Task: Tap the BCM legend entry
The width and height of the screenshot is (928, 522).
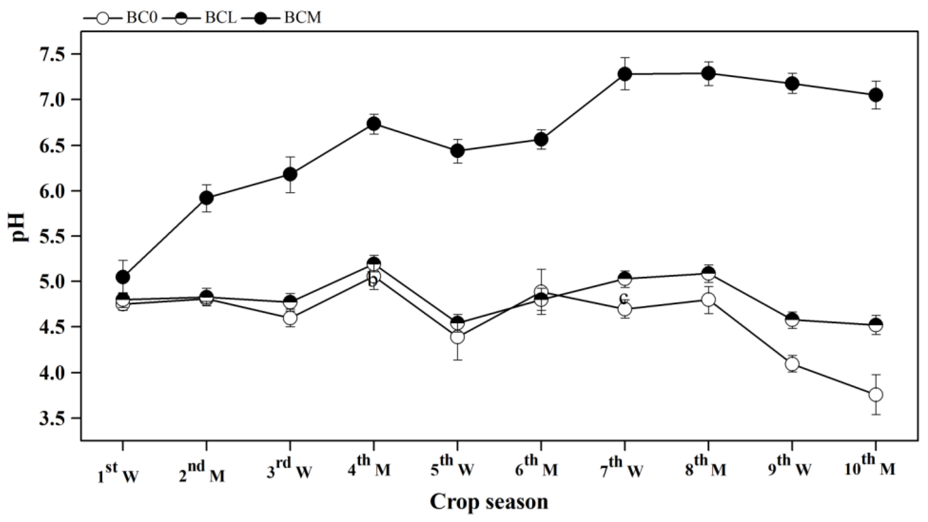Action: click(281, 18)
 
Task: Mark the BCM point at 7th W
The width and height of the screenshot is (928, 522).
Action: click(625, 74)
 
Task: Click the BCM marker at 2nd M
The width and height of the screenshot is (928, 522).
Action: click(207, 197)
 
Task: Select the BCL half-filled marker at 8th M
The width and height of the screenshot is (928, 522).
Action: click(708, 274)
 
